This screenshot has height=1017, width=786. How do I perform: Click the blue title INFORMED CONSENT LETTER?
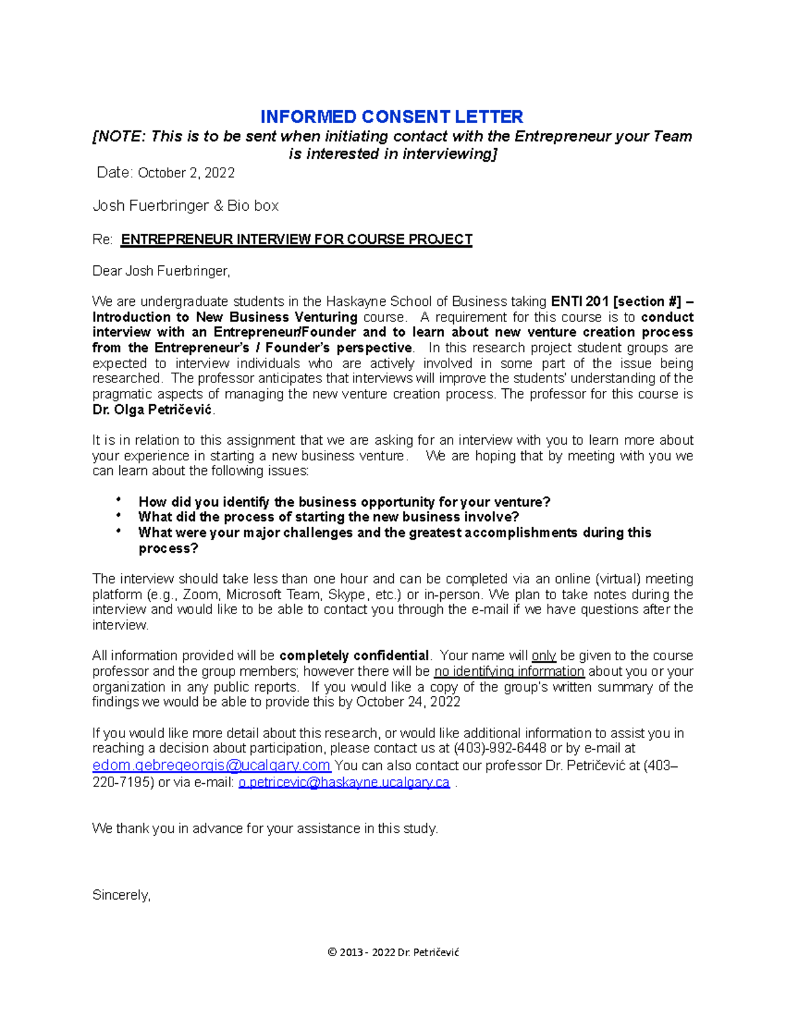coord(392,117)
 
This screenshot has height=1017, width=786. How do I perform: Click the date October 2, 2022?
coord(186,173)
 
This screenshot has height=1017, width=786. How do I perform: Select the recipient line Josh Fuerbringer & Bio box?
coord(185,206)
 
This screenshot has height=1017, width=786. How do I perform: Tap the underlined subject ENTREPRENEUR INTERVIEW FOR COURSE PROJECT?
coord(297,239)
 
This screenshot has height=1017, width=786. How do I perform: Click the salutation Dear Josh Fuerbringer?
coord(161,270)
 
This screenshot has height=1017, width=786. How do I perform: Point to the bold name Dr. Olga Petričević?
coord(153,410)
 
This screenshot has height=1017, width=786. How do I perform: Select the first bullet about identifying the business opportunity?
coord(344,502)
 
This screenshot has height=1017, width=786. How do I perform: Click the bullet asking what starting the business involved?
coord(328,517)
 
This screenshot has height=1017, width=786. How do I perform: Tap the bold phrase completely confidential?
coord(354,656)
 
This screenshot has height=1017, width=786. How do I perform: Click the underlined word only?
coord(544,656)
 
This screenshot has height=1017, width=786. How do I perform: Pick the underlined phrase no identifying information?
coord(509,671)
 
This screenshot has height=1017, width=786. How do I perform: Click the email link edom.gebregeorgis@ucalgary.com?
coord(211,765)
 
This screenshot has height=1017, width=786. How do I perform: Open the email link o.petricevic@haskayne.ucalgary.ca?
coord(344,782)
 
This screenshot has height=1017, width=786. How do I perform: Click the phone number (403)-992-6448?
coord(500,748)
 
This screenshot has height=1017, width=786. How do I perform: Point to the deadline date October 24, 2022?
coord(408,702)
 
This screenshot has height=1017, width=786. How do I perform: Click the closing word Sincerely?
coord(121,895)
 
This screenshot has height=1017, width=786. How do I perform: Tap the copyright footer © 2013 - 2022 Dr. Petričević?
coord(393,952)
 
